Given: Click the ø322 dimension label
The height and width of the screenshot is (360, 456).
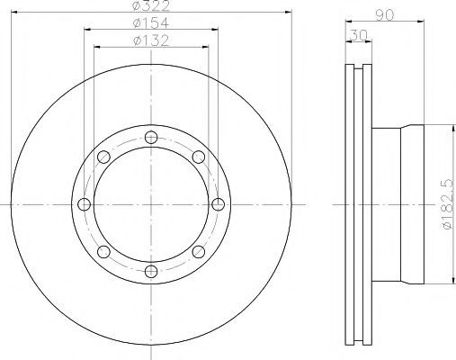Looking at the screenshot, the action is (151, 5).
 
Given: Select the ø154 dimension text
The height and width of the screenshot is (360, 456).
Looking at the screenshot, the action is (151, 22).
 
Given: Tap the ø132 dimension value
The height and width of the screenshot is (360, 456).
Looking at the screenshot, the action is (151, 40).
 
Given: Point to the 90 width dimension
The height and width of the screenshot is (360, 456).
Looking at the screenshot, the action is (384, 15).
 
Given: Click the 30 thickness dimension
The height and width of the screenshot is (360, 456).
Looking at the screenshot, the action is (359, 35).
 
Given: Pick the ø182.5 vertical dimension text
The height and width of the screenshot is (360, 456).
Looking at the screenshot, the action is (447, 204).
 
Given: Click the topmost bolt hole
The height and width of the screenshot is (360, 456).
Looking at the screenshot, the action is (151, 138).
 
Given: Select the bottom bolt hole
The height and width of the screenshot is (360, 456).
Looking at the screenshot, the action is (151, 271).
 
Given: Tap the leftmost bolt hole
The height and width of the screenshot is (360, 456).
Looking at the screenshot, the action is (84, 204).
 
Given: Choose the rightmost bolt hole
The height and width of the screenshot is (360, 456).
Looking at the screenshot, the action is (218, 204).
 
